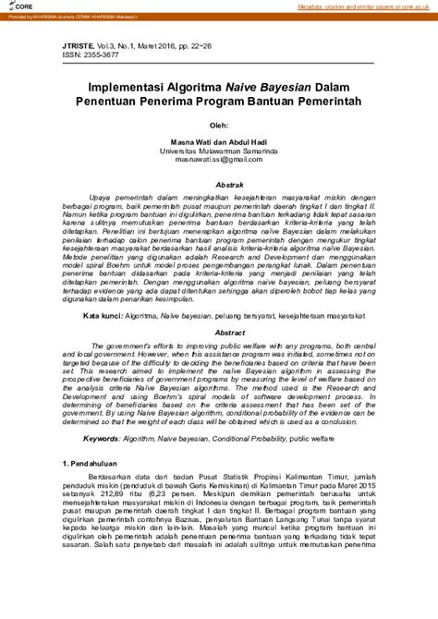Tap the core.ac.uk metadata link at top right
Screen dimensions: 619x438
click(x=366, y=6)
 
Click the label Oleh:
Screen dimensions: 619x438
click(x=218, y=127)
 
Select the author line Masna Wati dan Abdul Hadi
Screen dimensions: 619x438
click(x=218, y=141)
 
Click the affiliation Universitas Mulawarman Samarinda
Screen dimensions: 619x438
click(x=218, y=150)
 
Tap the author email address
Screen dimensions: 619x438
click(x=218, y=159)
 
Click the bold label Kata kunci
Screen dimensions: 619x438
click(x=101, y=342)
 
